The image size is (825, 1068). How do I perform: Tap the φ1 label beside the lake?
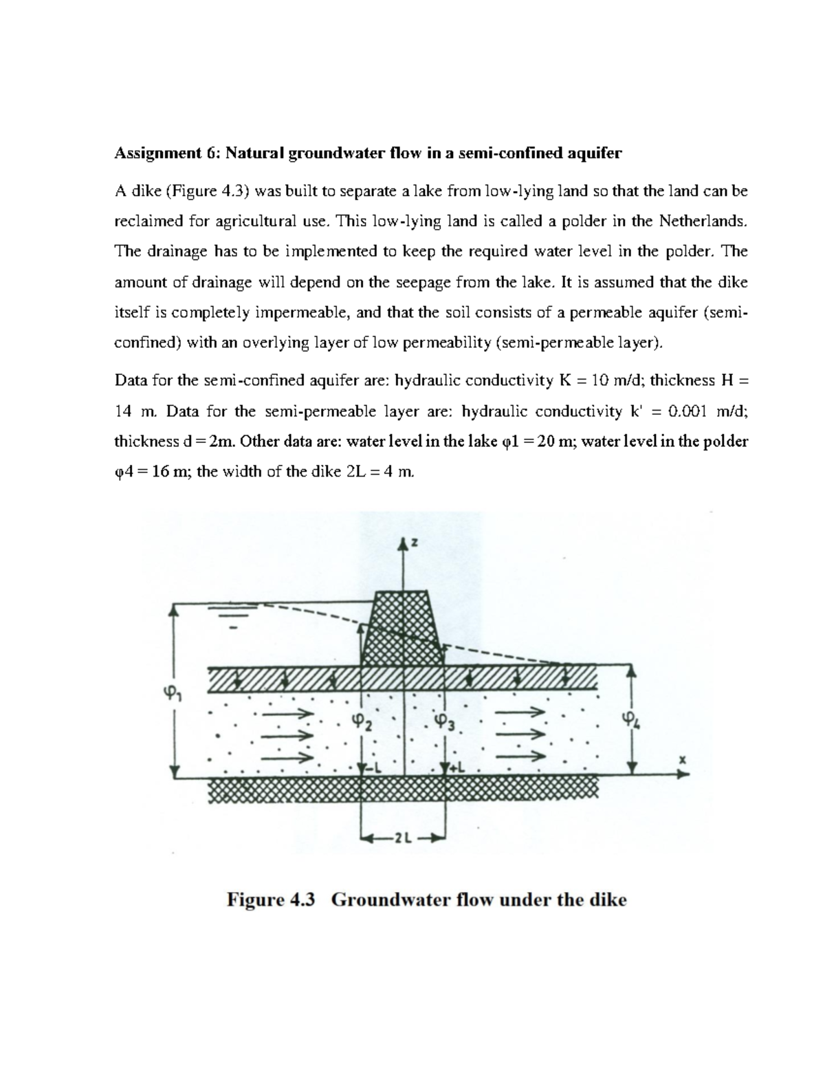click(x=165, y=695)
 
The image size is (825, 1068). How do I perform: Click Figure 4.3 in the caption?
click(x=270, y=900)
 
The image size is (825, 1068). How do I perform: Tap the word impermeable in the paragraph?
click(x=303, y=313)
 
